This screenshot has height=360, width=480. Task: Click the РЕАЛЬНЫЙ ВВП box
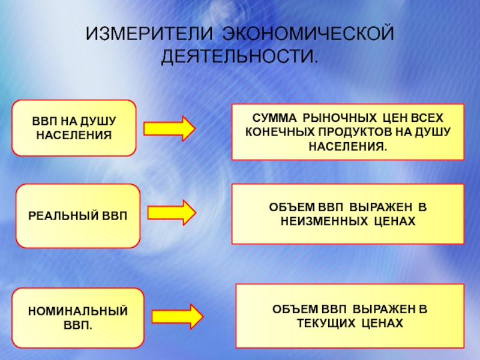(77, 216)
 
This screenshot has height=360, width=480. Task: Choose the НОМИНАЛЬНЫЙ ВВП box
(79, 318)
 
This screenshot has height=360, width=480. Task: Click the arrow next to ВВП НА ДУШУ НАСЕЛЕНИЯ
(169, 128)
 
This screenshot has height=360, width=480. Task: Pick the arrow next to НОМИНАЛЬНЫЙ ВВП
(178, 316)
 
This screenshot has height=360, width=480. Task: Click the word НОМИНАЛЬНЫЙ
(79, 311)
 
